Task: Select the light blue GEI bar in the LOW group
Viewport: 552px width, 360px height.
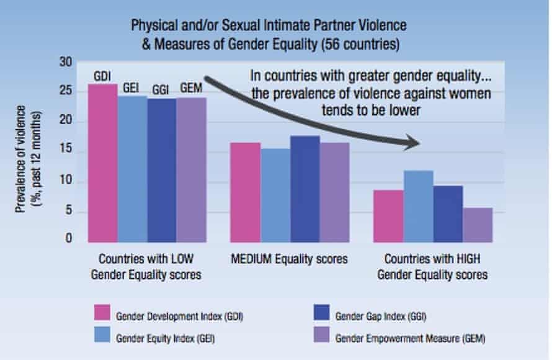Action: (x=133, y=168)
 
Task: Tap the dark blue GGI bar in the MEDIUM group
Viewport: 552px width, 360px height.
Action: (x=305, y=189)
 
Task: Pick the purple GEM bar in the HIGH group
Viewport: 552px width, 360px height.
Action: (x=478, y=225)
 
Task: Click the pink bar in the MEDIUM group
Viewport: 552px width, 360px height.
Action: (x=246, y=192)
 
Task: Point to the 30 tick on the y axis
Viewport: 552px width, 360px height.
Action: (x=66, y=62)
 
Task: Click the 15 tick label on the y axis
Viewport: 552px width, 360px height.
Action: (x=66, y=151)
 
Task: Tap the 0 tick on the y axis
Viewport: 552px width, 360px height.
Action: (x=69, y=239)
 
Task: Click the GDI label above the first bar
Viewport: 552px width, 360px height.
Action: (x=103, y=76)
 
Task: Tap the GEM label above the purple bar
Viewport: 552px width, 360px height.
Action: (x=192, y=88)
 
